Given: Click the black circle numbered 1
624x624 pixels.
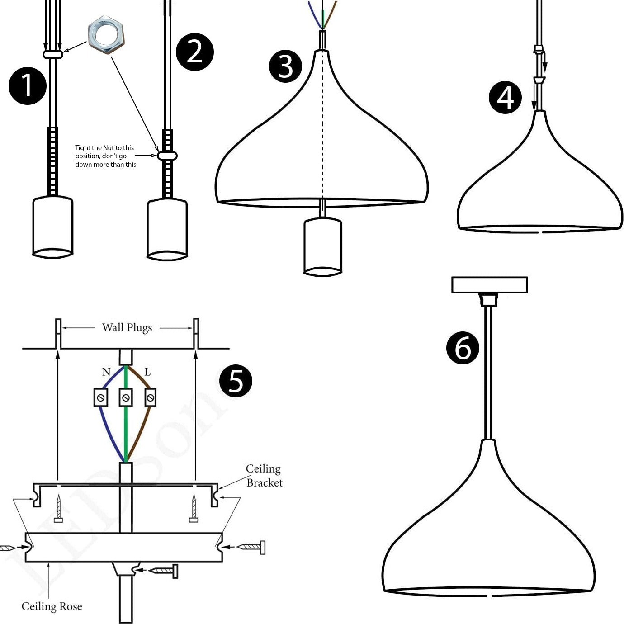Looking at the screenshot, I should click(27, 86).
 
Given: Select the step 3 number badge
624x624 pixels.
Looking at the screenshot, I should click(285, 66).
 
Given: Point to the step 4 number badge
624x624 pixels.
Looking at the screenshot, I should click(505, 98).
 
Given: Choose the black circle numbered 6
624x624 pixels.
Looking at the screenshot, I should click(463, 348).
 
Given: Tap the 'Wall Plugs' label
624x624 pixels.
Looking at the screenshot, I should click(127, 327).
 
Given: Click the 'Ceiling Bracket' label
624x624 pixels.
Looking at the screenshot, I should click(264, 476).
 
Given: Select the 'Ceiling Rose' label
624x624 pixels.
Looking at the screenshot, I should click(52, 606).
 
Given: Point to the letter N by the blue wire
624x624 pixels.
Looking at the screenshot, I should click(106, 372).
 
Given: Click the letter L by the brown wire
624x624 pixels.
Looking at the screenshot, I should click(147, 372).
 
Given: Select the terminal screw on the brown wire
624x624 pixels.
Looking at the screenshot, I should click(150, 398).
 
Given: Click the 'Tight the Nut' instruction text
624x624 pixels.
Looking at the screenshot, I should click(105, 156).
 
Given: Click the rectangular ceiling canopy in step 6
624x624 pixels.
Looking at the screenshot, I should click(489, 285).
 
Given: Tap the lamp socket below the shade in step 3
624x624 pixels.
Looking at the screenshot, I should click(322, 246).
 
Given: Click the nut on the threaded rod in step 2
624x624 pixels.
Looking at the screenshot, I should click(167, 156).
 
